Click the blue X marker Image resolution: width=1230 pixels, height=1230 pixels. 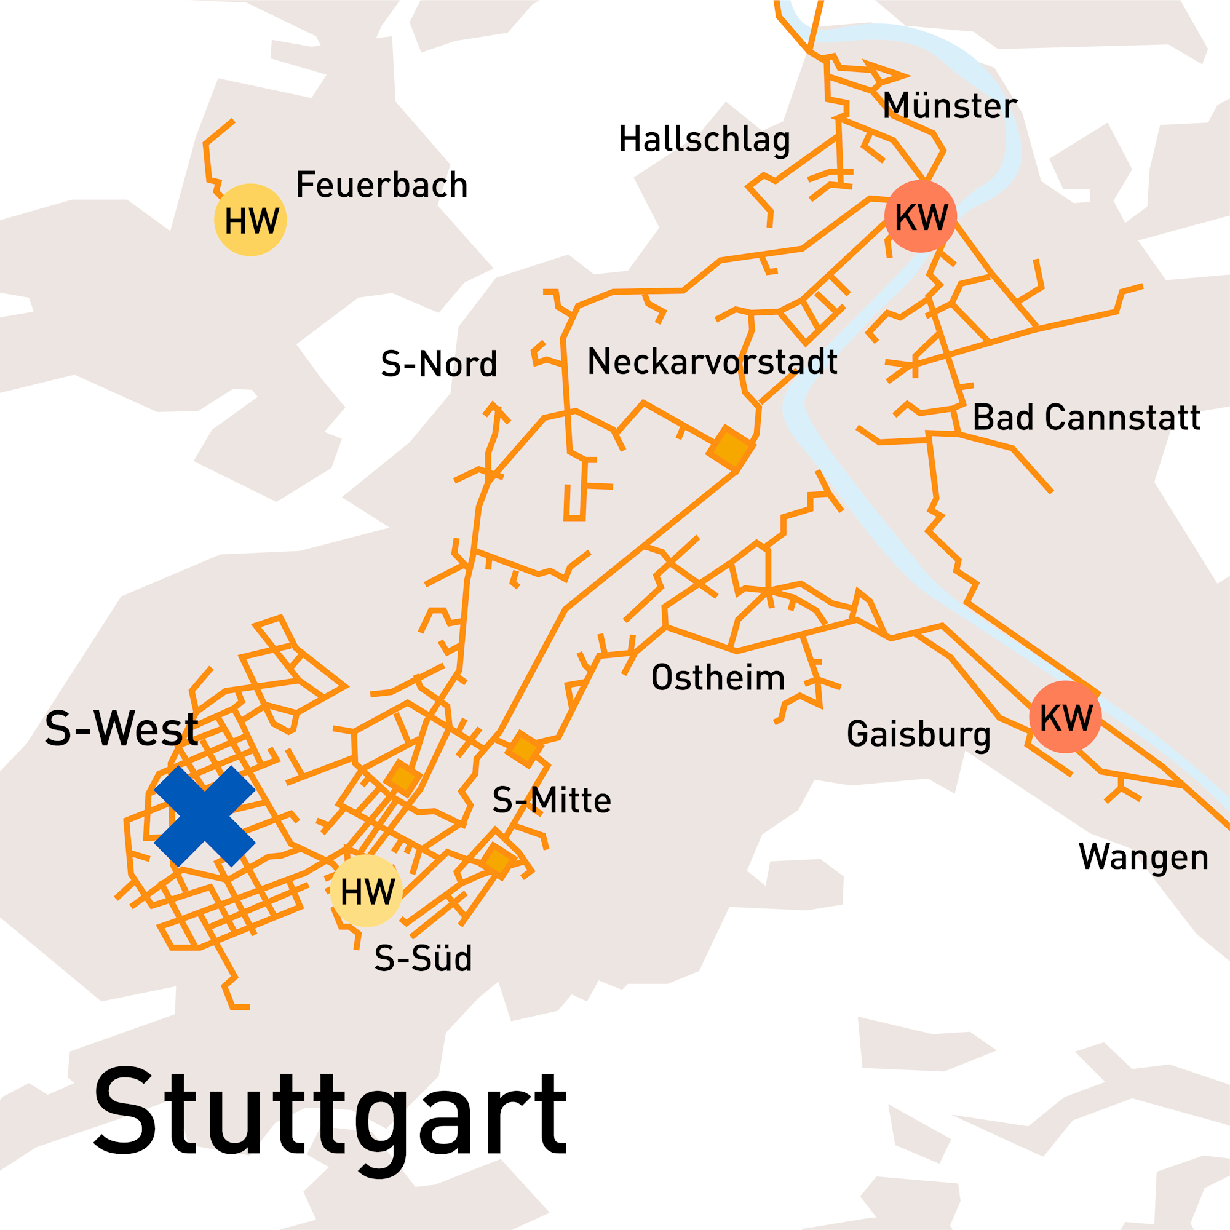pos(204,816)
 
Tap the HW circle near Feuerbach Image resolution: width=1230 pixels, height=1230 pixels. pos(250,220)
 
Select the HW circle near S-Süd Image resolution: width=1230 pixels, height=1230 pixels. pos(366,891)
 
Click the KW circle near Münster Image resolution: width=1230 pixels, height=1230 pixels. pos(921,217)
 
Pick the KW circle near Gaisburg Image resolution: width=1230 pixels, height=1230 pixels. pos(1065,717)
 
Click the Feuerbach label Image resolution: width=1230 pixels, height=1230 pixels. pos(382,185)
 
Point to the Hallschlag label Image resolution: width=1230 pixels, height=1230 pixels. pos(704,140)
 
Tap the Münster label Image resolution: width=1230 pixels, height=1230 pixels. pos(950,106)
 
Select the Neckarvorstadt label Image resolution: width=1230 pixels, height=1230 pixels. pos(712,362)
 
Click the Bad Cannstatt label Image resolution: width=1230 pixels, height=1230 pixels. pos(1086,418)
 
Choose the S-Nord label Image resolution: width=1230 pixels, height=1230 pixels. pos(438,364)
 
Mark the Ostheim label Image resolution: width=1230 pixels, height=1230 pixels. pos(718,677)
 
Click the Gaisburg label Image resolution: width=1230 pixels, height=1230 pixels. pos(919,734)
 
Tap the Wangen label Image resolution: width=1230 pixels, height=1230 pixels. pos(1143,857)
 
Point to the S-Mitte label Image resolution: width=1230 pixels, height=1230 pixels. pos(551,800)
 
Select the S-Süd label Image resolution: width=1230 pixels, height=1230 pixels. pos(423,958)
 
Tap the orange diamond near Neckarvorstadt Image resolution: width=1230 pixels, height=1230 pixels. pos(731,449)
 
